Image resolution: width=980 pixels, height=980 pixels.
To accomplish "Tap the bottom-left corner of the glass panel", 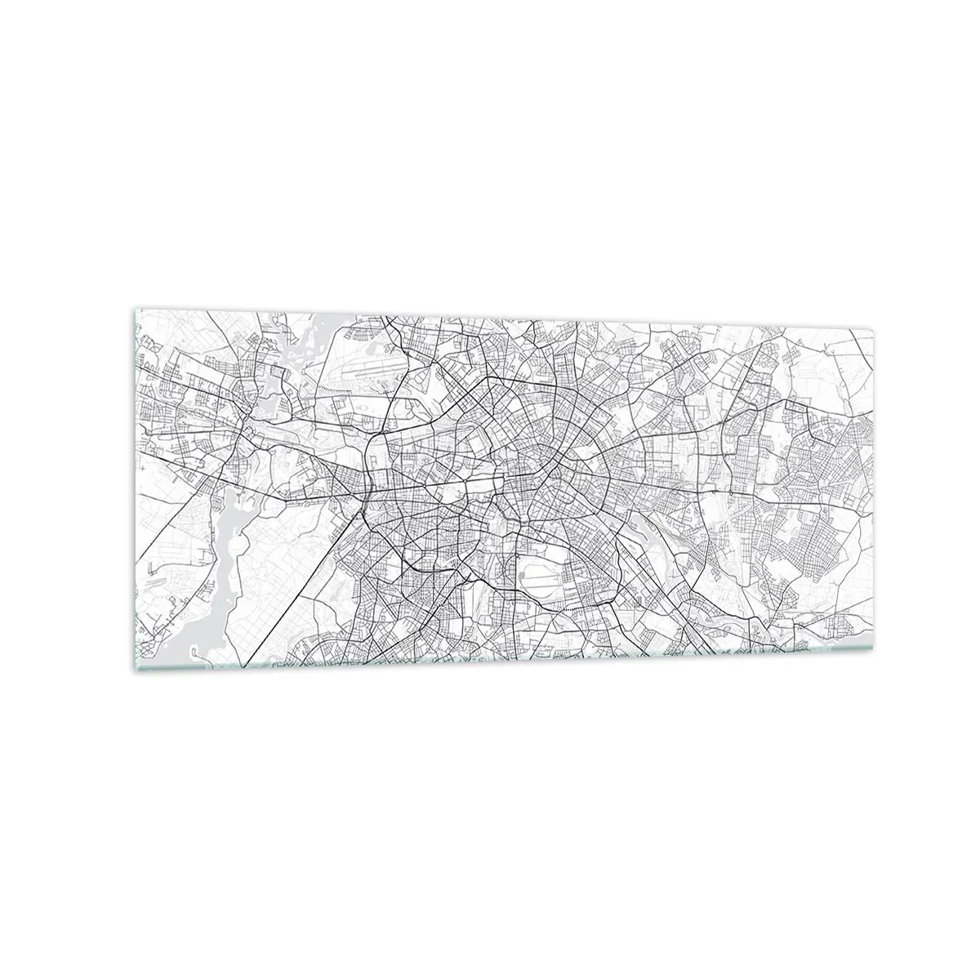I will click(133, 669).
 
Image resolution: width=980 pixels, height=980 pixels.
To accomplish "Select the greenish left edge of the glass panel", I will click(134, 490).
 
